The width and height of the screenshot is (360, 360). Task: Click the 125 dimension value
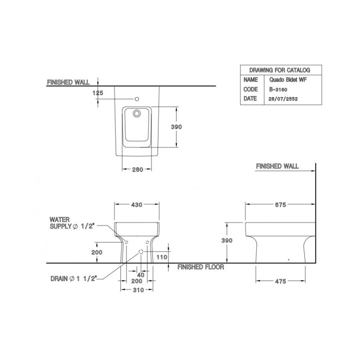click(x=98, y=93)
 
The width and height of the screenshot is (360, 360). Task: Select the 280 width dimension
click(x=138, y=170)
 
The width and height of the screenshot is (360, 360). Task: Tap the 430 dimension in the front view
click(x=136, y=204)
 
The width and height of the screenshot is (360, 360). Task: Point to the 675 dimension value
click(x=280, y=204)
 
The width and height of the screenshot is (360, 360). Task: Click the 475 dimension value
click(x=280, y=281)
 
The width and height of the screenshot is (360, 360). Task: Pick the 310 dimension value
click(x=139, y=290)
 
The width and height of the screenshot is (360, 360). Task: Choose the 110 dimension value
click(x=162, y=257)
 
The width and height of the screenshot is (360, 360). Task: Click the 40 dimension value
click(x=141, y=275)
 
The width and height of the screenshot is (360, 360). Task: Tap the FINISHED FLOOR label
click(x=201, y=267)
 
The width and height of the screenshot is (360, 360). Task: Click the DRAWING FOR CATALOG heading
click(x=280, y=70)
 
